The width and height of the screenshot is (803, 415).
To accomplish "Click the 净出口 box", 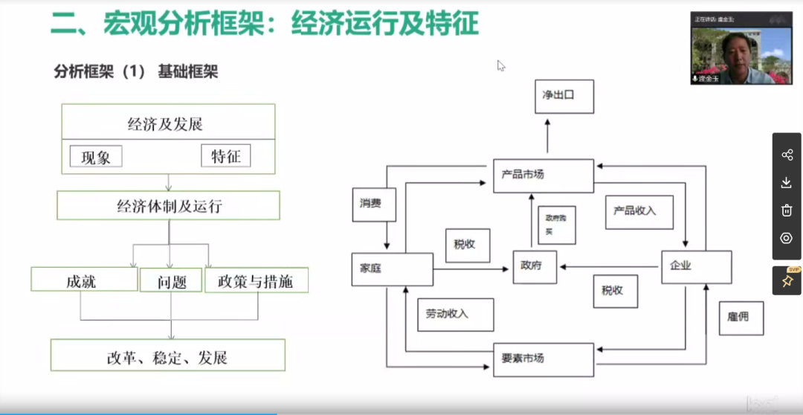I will pyautogui.click(x=564, y=96).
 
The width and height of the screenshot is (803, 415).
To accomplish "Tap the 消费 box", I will pyautogui.click(x=374, y=204).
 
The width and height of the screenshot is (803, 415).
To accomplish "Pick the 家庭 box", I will pyautogui.click(x=392, y=269).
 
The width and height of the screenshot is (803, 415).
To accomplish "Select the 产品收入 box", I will pyautogui.click(x=639, y=212).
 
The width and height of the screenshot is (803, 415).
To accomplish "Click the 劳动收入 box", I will pyautogui.click(x=453, y=315).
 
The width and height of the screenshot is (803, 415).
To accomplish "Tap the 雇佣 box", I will pyautogui.click(x=741, y=317).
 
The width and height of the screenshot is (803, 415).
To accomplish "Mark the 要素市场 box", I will pyautogui.click(x=544, y=359).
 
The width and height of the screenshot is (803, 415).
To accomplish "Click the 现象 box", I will pyautogui.click(x=96, y=157).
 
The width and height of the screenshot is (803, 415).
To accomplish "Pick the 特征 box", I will pyautogui.click(x=226, y=156).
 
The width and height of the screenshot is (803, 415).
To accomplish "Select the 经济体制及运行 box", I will pyautogui.click(x=169, y=206).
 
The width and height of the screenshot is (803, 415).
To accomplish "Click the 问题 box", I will pyautogui.click(x=171, y=280).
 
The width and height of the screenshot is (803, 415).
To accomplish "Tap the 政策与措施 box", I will pyautogui.click(x=256, y=280).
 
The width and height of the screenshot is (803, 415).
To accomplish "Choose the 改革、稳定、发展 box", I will pyautogui.click(x=168, y=356).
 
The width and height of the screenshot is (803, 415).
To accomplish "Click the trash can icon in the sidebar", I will pyautogui.click(x=787, y=210).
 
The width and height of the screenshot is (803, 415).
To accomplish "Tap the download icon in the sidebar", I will pyautogui.click(x=787, y=183).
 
